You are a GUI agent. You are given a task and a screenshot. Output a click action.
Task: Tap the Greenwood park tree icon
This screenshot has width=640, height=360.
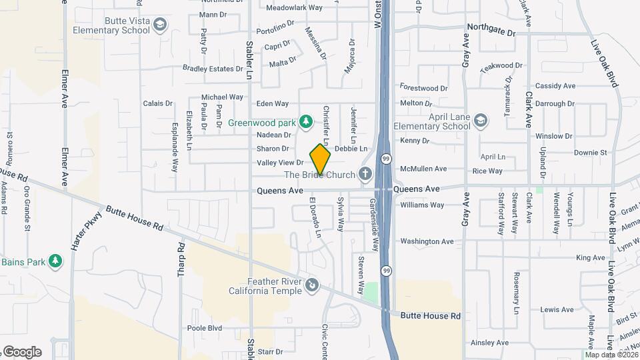coord(305,121)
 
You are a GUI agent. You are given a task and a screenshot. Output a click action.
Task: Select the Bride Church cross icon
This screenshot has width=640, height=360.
coord(364,175)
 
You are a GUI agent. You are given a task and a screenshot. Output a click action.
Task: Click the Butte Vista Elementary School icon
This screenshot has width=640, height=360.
coord(159,25)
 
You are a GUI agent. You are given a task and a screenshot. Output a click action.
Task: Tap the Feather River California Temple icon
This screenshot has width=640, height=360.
coord(311,286)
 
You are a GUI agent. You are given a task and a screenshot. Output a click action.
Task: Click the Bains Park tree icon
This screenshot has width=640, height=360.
coord(57,261)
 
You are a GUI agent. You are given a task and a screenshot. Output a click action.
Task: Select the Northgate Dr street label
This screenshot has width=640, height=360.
coord(491,32)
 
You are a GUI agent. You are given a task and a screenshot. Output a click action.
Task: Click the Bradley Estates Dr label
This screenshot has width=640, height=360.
coord(213,69)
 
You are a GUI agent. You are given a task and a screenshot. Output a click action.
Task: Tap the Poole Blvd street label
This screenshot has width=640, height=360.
coord(204,328)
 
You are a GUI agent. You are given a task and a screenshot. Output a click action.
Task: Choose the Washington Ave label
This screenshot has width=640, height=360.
coord(427,241)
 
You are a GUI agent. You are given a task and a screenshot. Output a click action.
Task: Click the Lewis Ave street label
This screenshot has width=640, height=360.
coord(557,309)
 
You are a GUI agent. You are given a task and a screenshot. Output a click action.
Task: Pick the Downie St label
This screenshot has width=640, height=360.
coord(591,153)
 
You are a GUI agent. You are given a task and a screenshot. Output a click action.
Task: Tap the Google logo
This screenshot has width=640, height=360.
coord(21,352)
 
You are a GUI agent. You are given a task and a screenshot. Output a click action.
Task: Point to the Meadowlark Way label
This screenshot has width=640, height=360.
coord(294,8)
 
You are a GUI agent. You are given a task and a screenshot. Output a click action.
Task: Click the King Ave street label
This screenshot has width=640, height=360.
coord(590,257)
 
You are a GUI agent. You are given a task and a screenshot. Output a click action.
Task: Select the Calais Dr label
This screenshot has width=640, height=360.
coord(158,103)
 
